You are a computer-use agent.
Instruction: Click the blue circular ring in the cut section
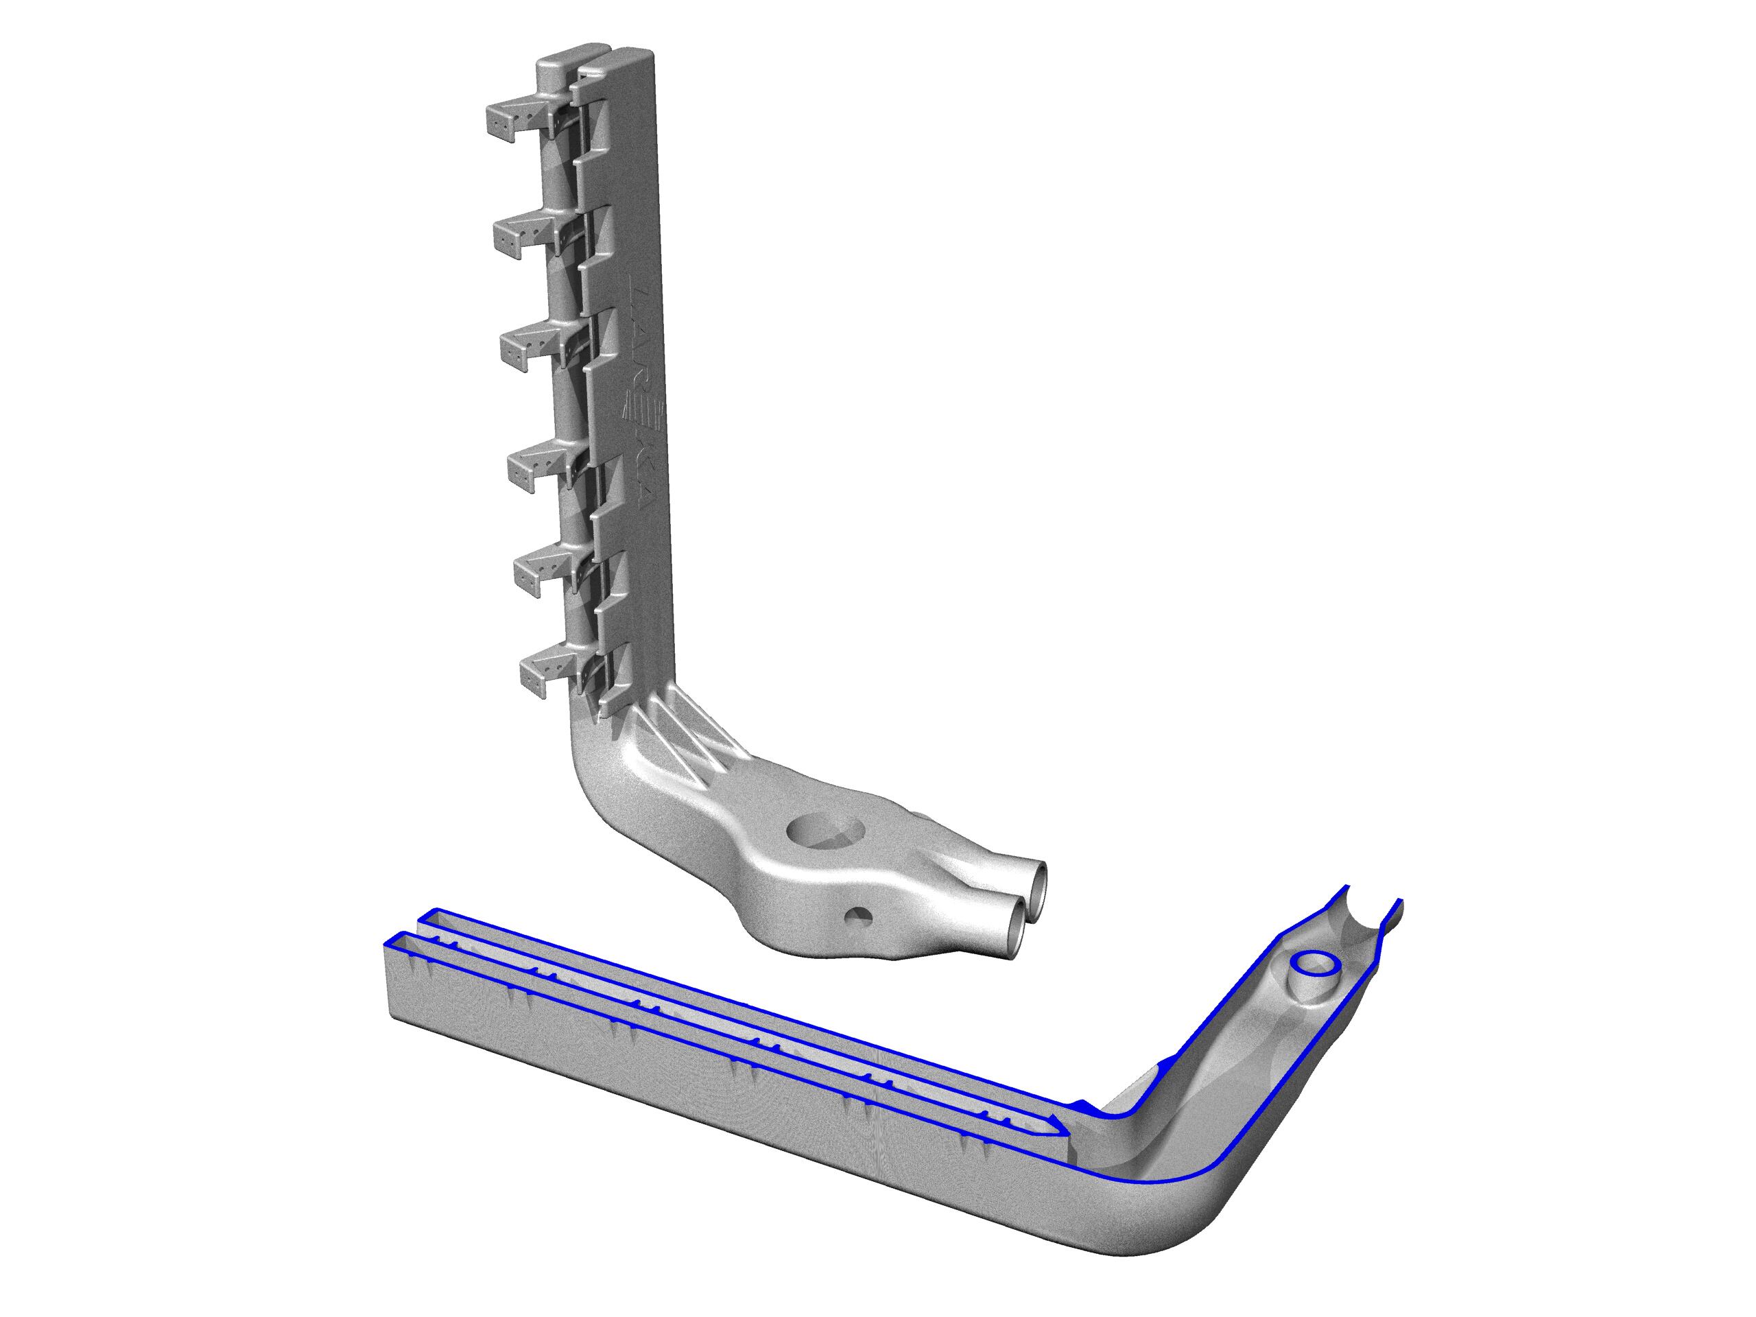(x=1315, y=964)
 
